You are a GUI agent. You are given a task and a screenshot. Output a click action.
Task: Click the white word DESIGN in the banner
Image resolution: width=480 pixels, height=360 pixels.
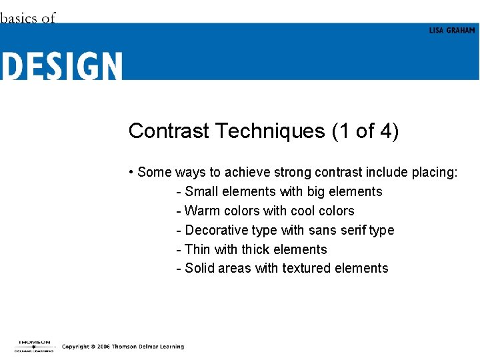click(61, 67)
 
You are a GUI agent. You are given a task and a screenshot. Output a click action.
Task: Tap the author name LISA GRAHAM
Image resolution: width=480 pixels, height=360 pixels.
click(452, 31)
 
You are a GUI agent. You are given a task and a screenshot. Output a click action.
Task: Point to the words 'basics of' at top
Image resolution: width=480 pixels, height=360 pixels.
click(28, 18)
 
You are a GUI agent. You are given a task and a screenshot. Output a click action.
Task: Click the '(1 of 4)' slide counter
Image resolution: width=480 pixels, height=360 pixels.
click(365, 131)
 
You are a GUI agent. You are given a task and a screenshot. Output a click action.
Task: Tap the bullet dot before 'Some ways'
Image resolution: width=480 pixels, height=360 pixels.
click(131, 172)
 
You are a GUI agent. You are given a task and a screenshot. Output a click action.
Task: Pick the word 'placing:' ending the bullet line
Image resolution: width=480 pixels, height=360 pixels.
click(435, 173)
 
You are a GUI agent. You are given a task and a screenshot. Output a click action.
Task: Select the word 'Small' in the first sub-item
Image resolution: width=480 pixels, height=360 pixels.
click(201, 191)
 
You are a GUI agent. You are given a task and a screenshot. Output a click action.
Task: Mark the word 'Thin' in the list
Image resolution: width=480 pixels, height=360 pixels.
click(197, 249)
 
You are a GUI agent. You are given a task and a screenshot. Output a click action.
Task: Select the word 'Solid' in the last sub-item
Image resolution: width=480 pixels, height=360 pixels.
click(201, 268)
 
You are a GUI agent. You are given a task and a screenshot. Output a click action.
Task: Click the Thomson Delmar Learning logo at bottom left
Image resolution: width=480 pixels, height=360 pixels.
click(34, 346)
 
